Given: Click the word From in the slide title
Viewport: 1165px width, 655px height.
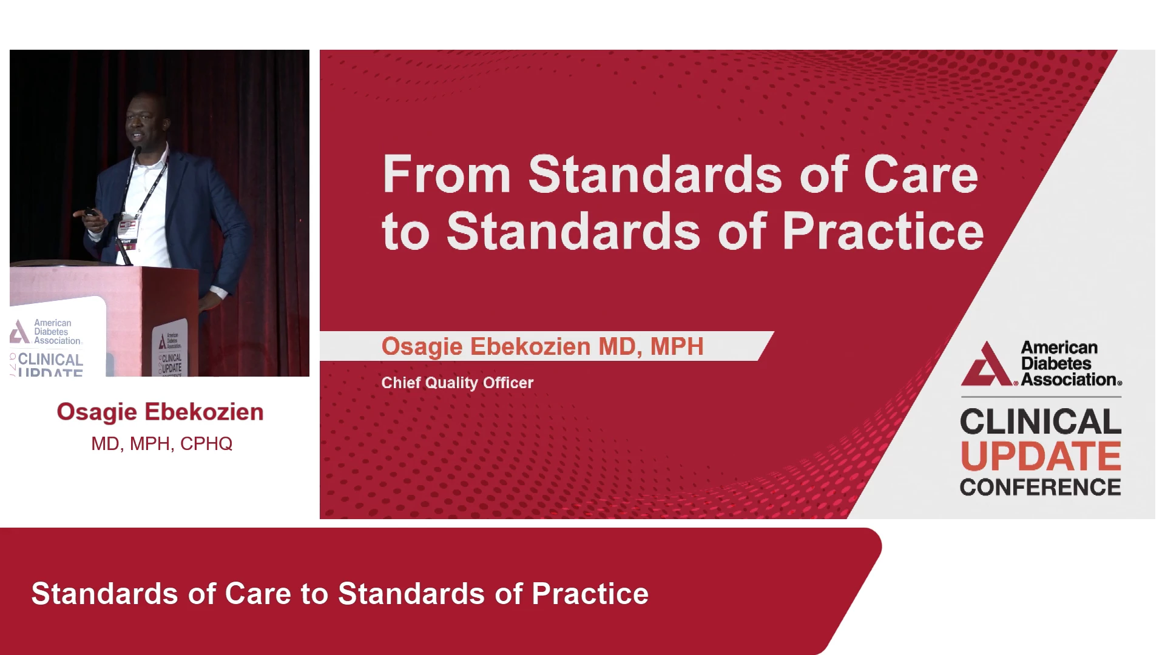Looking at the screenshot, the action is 446,175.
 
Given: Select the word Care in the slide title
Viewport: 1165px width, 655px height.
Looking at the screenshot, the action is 921,175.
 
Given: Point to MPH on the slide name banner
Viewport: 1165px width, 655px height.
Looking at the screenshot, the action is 677,346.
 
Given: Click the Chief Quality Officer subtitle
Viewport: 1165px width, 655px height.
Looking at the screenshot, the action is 458,383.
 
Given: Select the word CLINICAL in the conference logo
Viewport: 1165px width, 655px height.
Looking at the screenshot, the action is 1041,422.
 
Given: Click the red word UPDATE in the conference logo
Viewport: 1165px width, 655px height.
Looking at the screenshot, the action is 1041,456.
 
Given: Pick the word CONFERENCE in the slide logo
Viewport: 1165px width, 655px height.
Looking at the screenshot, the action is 1041,487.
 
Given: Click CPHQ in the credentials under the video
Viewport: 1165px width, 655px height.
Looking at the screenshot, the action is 206,444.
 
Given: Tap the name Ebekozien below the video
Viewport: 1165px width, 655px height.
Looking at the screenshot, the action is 203,412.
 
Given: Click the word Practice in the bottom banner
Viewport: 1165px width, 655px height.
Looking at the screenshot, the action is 590,594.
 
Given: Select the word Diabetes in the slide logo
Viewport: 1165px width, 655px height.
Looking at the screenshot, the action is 1056,364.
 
